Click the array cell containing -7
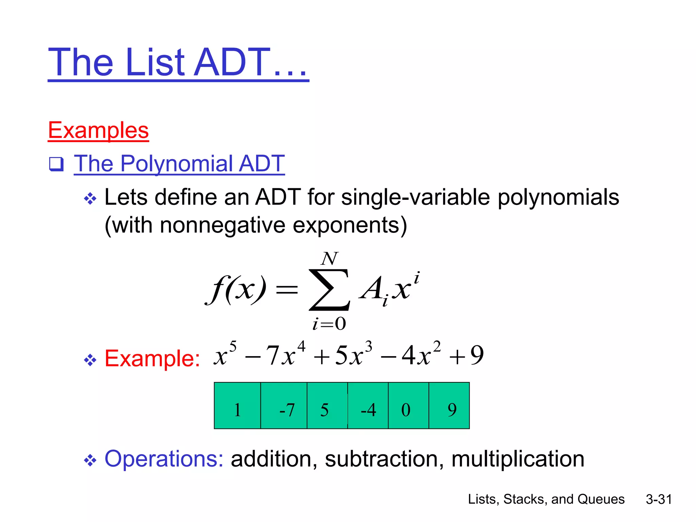pos(284,406)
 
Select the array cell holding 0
pos(408,406)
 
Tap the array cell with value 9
pos(449,406)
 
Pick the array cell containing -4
pos(368,406)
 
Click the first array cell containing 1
pos(237,406)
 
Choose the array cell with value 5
pos(327,406)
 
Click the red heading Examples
pos(99,130)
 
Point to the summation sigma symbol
pos(329,290)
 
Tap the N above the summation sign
pos(329,259)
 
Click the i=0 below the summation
pos(329,324)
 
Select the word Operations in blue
pos(164,459)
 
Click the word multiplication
pos(518,459)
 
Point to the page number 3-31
pos(659,499)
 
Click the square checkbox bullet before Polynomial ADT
pos(56,164)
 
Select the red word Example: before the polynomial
pos(152,358)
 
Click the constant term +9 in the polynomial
pos(466,355)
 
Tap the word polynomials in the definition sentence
pos(558,197)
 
